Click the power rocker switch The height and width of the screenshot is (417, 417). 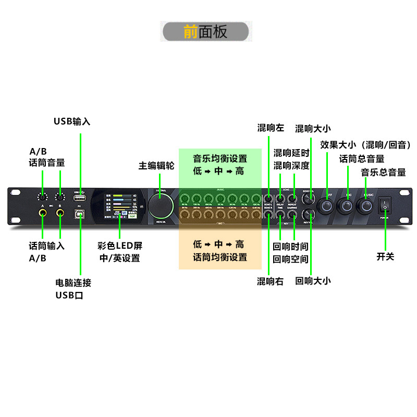click(x=385, y=206)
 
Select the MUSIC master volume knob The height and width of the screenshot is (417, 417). click(x=365, y=206)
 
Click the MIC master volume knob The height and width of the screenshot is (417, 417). click(x=346, y=206)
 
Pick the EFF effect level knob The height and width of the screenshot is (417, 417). click(x=326, y=206)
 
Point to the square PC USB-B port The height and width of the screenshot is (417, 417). click(x=81, y=215)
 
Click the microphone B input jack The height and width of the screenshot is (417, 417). click(x=60, y=213)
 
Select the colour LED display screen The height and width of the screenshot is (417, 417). click(x=119, y=206)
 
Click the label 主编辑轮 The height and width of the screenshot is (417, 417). click(x=156, y=166)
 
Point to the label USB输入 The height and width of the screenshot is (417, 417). click(x=72, y=121)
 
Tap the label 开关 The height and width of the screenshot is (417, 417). click(x=385, y=256)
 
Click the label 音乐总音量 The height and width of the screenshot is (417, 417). click(x=383, y=172)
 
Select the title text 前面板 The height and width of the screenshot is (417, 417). click(x=206, y=32)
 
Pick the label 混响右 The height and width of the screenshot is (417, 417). click(x=270, y=281)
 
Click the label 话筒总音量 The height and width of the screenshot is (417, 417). click(x=362, y=159)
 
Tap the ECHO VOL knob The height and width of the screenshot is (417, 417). click(x=310, y=198)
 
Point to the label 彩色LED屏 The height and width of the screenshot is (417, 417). click(x=120, y=246)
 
